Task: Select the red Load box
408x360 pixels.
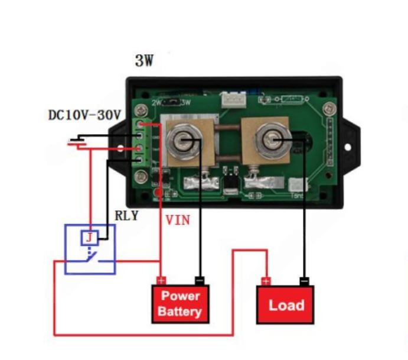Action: [285, 305]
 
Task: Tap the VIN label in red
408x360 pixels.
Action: [178, 220]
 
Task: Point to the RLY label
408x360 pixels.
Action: [126, 216]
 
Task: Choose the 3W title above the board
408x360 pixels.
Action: [144, 60]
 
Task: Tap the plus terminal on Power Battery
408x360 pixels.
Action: [161, 280]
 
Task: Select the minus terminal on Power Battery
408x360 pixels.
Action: [200, 280]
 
